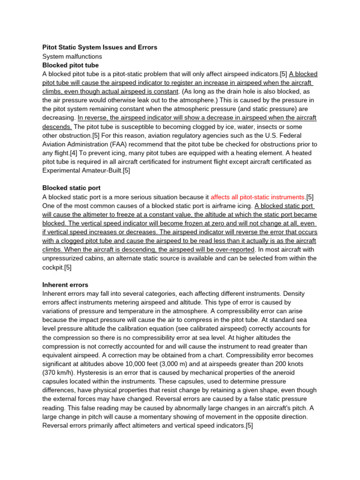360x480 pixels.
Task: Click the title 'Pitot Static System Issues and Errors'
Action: (99, 47)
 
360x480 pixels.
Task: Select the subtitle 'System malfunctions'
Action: (72, 56)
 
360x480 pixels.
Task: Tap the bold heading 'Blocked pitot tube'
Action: (70, 65)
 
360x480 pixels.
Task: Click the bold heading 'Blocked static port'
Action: (71, 188)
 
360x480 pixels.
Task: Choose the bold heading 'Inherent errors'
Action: (65, 285)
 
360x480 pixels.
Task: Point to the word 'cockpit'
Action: (53, 267)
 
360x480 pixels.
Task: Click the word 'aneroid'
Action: (304, 373)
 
